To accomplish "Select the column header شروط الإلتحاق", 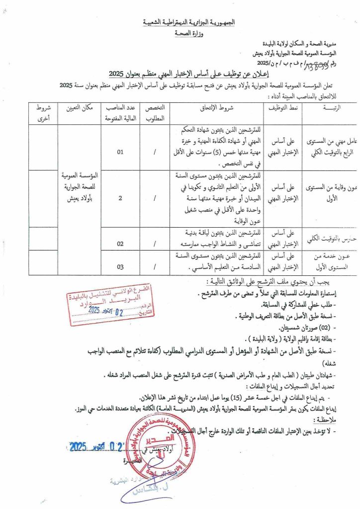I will (216, 107).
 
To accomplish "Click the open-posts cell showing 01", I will (120, 152).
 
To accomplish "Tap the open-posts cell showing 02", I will (120, 244).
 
